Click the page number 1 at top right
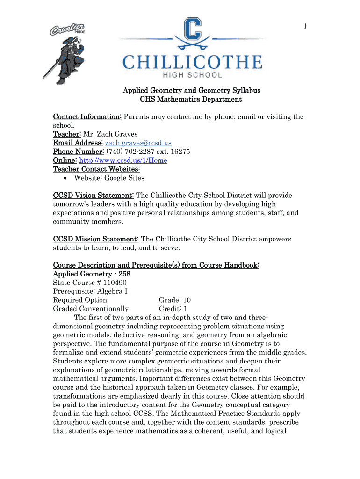[305, 27]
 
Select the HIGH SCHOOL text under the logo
[192, 75]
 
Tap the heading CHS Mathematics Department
[191, 99]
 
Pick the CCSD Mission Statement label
[95, 239]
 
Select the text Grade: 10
[174, 300]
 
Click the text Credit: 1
[173, 309]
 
